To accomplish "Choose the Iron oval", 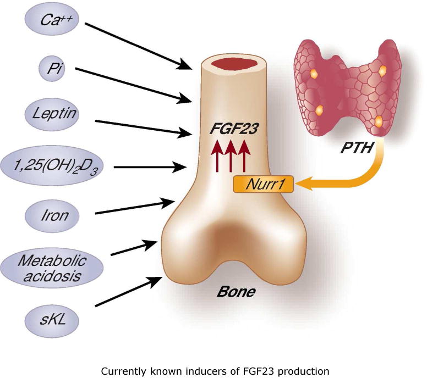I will pos(53,214).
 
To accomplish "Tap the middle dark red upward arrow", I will pos(231,157).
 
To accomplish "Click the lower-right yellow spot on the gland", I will pos(378,120).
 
